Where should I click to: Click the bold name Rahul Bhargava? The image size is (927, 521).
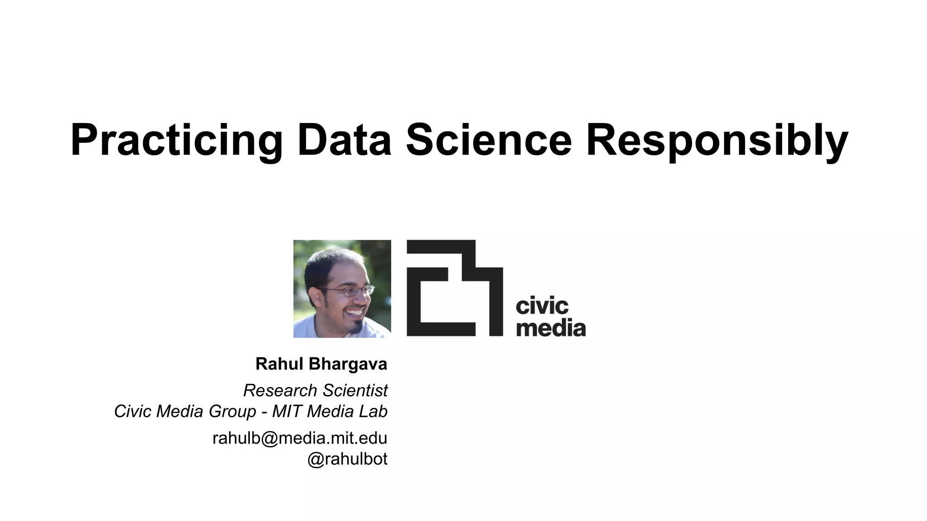pyautogui.click(x=321, y=364)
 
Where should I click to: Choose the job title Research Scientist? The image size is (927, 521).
pyautogui.click(x=315, y=390)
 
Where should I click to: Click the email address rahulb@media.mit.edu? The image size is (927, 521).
pyautogui.click(x=300, y=438)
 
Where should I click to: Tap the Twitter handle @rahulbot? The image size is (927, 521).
pyautogui.click(x=347, y=459)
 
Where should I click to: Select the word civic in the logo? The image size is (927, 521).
pyautogui.click(x=542, y=307)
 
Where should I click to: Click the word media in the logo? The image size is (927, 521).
pyautogui.click(x=550, y=327)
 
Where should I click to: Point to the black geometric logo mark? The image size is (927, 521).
pyautogui.click(x=454, y=288)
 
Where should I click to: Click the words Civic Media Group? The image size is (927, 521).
pyautogui.click(x=185, y=412)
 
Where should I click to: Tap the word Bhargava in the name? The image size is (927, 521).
pyautogui.click(x=348, y=364)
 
